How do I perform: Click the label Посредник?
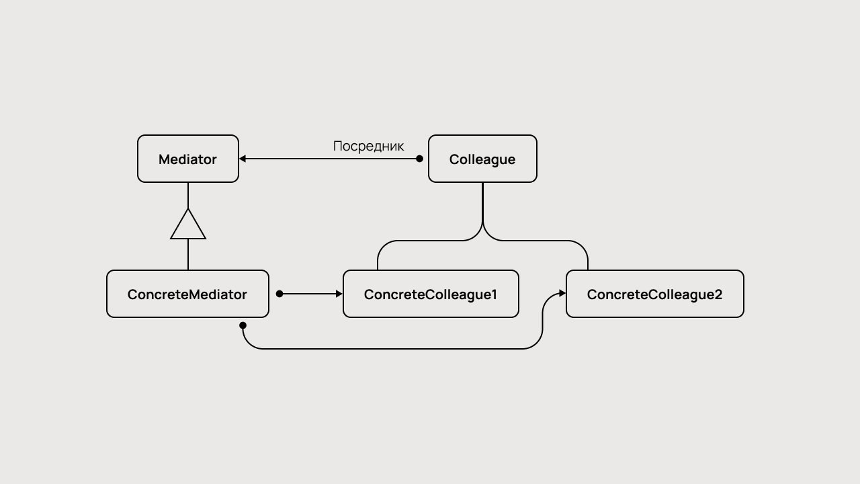click(368, 146)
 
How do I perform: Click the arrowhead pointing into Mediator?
click(243, 159)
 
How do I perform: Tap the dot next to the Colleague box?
click(420, 159)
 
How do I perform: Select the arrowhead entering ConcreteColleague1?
click(339, 294)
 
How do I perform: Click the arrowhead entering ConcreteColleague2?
click(562, 294)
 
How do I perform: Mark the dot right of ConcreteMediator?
click(279, 294)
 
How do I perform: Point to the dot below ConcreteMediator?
click(243, 325)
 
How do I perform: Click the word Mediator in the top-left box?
click(187, 159)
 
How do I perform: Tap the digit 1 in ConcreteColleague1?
click(494, 294)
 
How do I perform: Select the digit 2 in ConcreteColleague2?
click(718, 294)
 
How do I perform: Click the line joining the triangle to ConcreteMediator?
click(188, 254)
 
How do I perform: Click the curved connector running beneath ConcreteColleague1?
click(403, 349)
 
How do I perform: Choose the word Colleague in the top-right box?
click(482, 159)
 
